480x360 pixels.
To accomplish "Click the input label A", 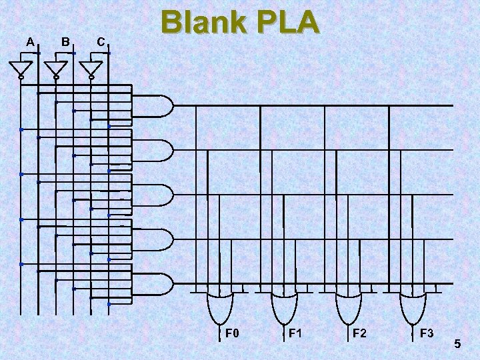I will (x=30, y=42).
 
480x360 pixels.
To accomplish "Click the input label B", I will (x=65, y=42).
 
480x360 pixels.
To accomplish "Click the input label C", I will (x=100, y=42).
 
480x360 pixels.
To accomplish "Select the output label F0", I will (x=231, y=333).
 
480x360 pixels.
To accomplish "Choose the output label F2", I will (x=359, y=333).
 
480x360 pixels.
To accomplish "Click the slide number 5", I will (x=457, y=344).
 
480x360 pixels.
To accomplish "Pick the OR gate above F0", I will (x=219, y=307).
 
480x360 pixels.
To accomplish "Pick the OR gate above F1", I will (x=283, y=307).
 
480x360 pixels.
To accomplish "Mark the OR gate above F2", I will (x=347, y=307).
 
